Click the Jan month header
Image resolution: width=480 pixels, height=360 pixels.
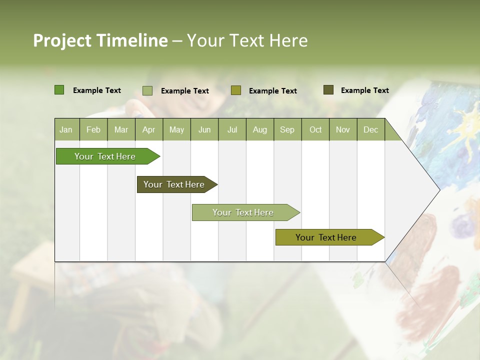(x=66, y=129)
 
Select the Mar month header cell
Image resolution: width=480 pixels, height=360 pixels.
(x=121, y=129)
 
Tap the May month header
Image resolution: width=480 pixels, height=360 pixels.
(x=176, y=129)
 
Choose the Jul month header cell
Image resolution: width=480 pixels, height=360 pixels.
(x=232, y=129)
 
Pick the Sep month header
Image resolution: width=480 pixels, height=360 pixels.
(x=287, y=129)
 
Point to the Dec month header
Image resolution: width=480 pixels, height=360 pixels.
(x=370, y=129)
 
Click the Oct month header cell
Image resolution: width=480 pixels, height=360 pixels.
(x=315, y=129)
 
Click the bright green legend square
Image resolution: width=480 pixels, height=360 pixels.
(x=59, y=90)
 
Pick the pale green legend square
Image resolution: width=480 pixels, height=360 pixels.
(x=147, y=90)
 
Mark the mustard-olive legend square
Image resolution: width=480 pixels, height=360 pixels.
(x=236, y=90)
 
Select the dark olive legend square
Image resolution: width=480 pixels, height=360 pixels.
(x=328, y=90)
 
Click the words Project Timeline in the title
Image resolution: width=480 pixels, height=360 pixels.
(x=100, y=40)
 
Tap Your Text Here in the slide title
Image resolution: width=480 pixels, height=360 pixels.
(x=247, y=40)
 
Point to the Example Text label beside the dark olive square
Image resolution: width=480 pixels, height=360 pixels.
(x=364, y=90)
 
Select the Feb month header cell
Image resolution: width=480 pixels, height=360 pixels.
(x=93, y=129)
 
